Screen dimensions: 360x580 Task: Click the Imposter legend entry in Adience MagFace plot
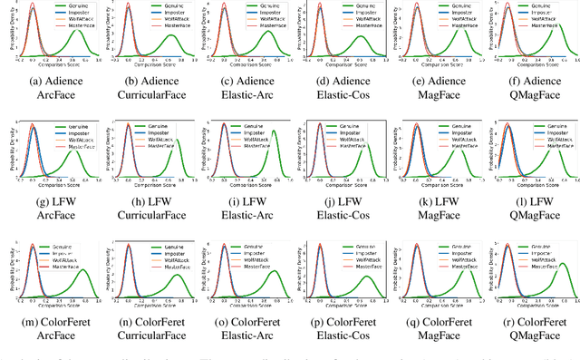tap(452, 15)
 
